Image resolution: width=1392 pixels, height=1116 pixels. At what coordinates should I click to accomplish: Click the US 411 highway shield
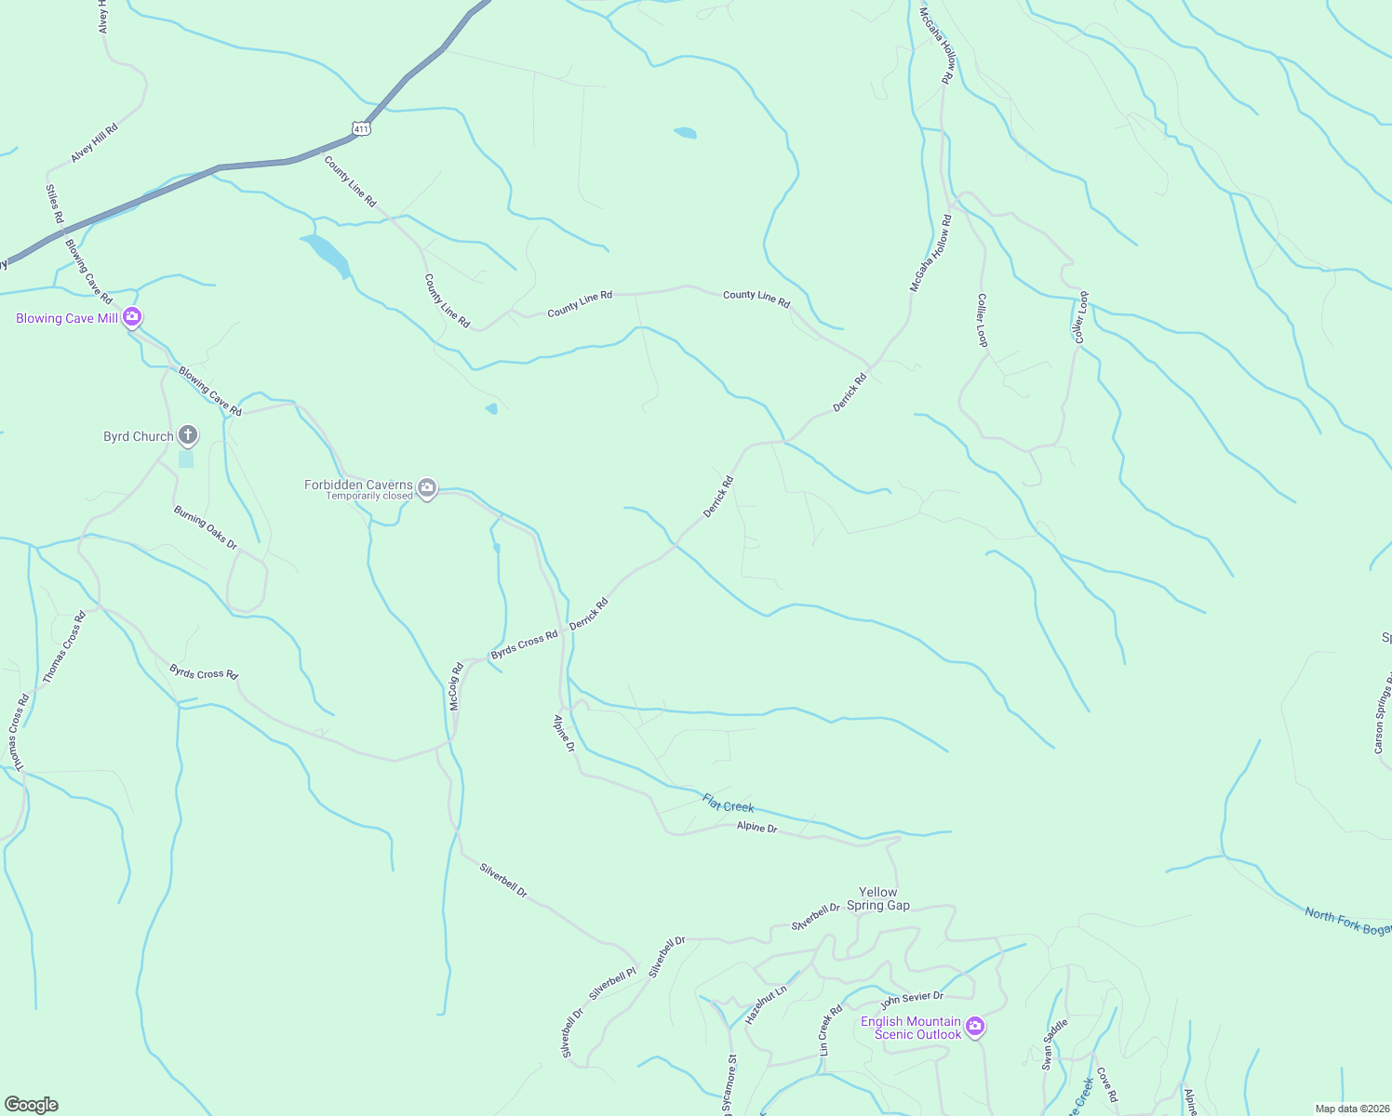pyautogui.click(x=362, y=128)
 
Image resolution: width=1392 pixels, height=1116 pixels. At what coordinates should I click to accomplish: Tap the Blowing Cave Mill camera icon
pyautogui.click(x=132, y=318)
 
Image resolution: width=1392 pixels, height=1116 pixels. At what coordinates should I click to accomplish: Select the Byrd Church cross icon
pyautogui.click(x=188, y=435)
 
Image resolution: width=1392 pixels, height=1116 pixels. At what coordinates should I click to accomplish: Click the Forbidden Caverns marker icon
pyautogui.click(x=427, y=487)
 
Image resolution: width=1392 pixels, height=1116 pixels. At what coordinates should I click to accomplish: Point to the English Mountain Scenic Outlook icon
pyautogui.click(x=975, y=1027)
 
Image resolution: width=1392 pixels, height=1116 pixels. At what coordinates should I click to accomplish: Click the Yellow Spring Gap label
pyautogui.click(x=877, y=898)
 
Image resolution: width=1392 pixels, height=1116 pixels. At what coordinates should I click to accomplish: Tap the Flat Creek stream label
pyautogui.click(x=728, y=803)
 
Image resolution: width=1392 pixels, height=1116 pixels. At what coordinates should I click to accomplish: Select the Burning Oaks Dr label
pyautogui.click(x=206, y=527)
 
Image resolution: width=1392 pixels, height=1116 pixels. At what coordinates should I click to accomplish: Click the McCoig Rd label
pyautogui.click(x=455, y=687)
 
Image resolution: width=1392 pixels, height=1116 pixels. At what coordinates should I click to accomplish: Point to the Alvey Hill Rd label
pyautogui.click(x=95, y=143)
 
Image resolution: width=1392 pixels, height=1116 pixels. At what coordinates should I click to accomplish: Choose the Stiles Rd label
pyautogui.click(x=55, y=204)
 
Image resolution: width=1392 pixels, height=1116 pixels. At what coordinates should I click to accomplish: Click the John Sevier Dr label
pyautogui.click(x=912, y=1001)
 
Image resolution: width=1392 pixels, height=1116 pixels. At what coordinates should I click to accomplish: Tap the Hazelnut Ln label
pyautogui.click(x=766, y=1004)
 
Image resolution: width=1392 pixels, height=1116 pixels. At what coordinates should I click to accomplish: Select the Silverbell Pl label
pyautogui.click(x=612, y=983)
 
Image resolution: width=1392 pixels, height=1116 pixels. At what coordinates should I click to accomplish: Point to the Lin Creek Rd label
pyautogui.click(x=830, y=1030)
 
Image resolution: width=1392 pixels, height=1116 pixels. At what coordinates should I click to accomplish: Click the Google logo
pyautogui.click(x=32, y=1105)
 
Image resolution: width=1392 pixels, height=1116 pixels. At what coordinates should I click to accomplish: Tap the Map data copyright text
pyautogui.click(x=1351, y=1109)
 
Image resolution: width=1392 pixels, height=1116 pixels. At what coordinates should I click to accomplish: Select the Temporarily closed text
pyautogui.click(x=368, y=497)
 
